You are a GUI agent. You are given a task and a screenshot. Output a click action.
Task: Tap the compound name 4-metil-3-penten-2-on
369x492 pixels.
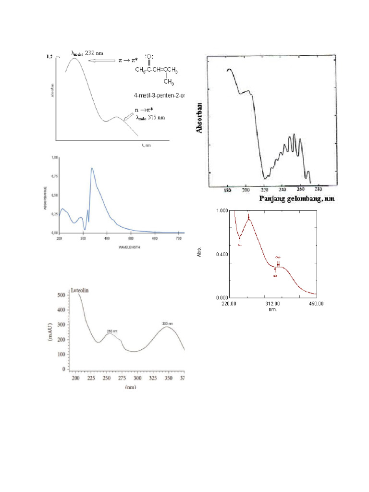coord(160,96)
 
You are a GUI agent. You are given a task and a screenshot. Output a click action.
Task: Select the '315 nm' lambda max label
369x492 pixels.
coord(150,118)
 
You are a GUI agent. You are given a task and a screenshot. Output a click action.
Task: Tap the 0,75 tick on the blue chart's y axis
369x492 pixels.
coord(54,176)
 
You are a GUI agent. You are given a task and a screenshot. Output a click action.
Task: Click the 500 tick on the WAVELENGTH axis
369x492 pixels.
coord(251,238)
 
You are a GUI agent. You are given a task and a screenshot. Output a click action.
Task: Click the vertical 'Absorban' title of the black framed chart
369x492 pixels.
coord(198,118)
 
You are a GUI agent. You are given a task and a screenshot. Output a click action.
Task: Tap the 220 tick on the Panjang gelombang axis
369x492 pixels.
coord(264,190)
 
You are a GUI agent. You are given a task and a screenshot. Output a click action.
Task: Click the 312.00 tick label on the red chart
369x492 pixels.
coord(273,304)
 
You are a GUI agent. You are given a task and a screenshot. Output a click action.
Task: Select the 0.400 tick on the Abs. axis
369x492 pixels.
coord(221,254)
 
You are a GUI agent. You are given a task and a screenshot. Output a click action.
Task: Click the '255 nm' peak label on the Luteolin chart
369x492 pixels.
coord(112,331)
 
